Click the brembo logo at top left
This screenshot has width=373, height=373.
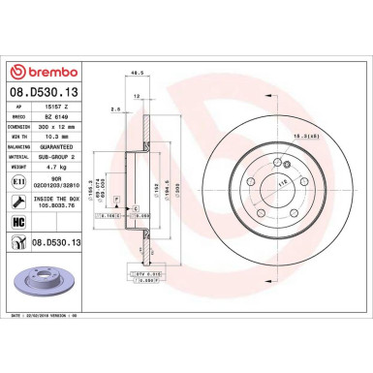click(x=44, y=72)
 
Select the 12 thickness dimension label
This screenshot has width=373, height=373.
click(x=138, y=97)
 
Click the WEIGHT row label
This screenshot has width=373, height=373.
click(x=16, y=169)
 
